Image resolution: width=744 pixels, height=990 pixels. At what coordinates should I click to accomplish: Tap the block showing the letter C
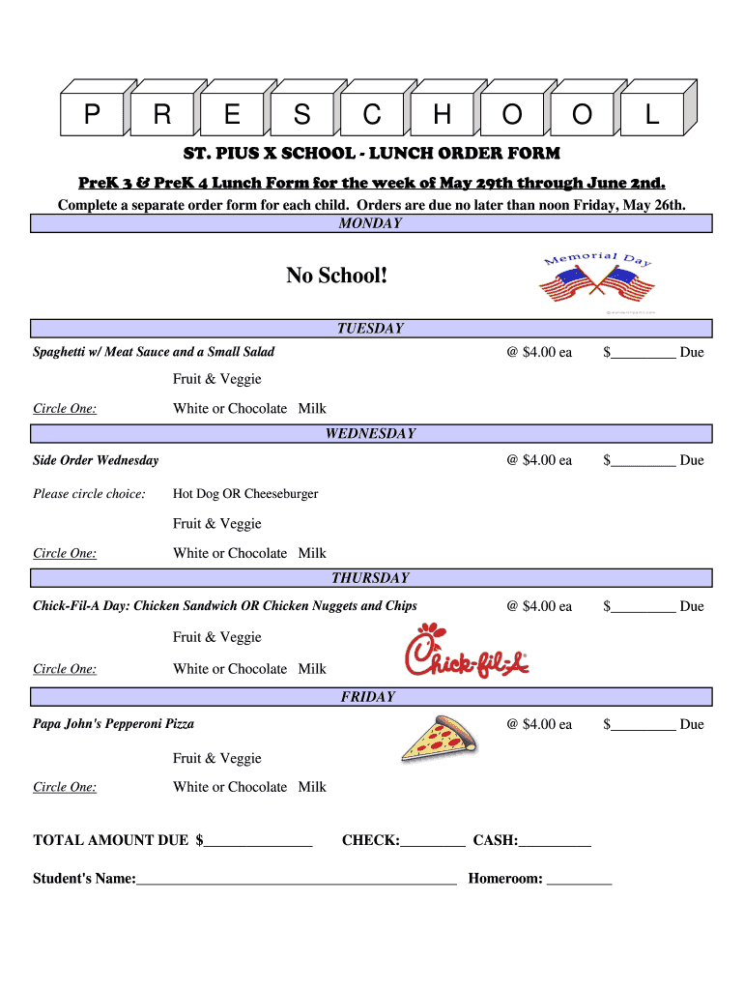pyautogui.click(x=372, y=116)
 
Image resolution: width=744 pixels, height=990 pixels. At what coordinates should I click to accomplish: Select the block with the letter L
pyautogui.click(x=652, y=116)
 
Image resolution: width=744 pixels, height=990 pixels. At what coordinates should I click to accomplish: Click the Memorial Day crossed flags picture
pyautogui.click(x=597, y=281)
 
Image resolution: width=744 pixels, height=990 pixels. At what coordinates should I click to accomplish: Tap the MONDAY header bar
pyautogui.click(x=371, y=224)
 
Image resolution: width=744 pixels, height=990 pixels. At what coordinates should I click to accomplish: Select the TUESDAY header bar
pyautogui.click(x=371, y=329)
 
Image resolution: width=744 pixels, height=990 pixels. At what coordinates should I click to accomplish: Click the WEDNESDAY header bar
pyautogui.click(x=371, y=434)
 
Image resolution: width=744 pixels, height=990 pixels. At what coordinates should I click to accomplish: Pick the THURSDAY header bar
pyautogui.click(x=371, y=578)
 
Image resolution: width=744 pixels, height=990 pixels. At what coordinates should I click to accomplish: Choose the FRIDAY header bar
pyautogui.click(x=371, y=697)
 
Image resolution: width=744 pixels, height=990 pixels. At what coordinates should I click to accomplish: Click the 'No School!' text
pyautogui.click(x=337, y=277)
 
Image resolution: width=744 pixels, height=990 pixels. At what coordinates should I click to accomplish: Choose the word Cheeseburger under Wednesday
pyautogui.click(x=281, y=494)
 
